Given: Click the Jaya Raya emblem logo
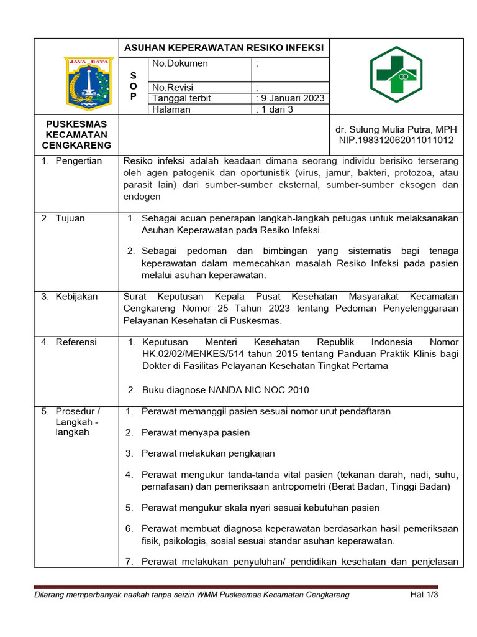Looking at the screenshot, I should pyautogui.click(x=88, y=81).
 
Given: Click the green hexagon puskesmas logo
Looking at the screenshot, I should pyautogui.click(x=396, y=74).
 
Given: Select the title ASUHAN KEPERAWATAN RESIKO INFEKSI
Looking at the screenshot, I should pyautogui.click(x=224, y=47).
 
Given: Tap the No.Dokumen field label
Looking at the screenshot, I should pyautogui.click(x=180, y=63).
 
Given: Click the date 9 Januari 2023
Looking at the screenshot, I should pyautogui.click(x=291, y=98).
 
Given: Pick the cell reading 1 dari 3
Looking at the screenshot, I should pyautogui.click(x=275, y=109).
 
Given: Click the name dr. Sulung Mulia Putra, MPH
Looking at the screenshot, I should pyautogui.click(x=396, y=129).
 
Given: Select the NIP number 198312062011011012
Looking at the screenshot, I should pyautogui.click(x=396, y=140).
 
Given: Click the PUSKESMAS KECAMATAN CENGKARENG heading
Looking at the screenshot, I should pyautogui.click(x=75, y=134).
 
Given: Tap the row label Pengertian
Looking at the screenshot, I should pyautogui.click(x=78, y=161).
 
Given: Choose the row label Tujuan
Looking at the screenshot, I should pyautogui.click(x=70, y=218).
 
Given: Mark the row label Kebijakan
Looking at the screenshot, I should pyautogui.click(x=76, y=297).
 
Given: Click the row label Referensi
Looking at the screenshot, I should pyautogui.click(x=76, y=342).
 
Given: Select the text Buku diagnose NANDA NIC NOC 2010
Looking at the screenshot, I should pyautogui.click(x=225, y=390).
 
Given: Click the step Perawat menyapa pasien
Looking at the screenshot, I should pyautogui.click(x=196, y=432).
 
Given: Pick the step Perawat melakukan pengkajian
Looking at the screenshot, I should pyautogui.click(x=208, y=453).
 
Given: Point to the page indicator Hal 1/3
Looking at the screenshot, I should pyautogui.click(x=424, y=595).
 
